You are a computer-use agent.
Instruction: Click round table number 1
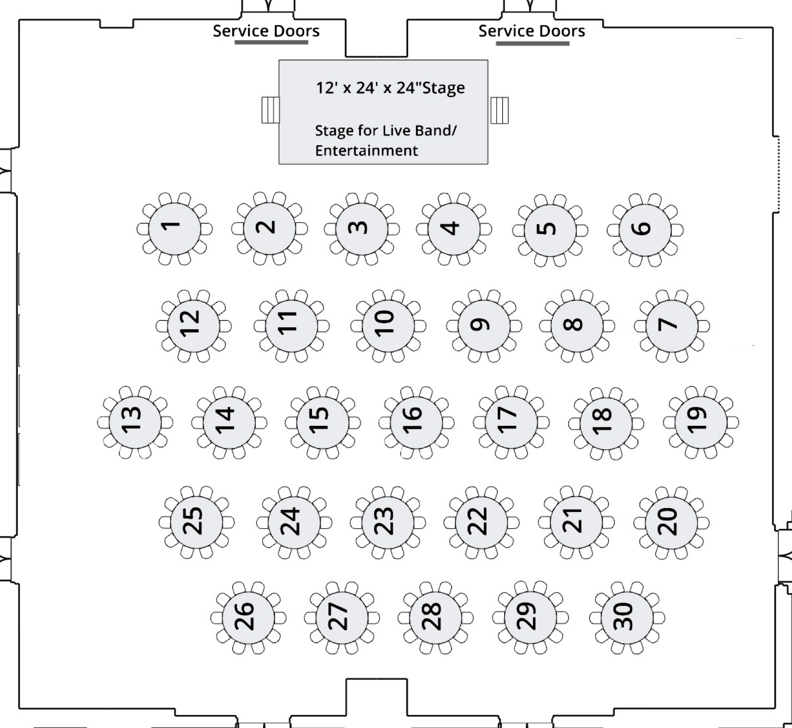174,229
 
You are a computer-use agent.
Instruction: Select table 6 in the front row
645,230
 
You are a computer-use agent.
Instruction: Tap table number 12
194,326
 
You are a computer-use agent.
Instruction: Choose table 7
672,326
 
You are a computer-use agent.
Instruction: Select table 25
196,522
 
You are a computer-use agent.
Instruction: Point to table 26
248,617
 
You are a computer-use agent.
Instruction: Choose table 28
435,617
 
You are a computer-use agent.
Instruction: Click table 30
627,617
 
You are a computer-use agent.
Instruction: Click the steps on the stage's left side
271,110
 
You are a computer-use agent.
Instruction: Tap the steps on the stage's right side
499,110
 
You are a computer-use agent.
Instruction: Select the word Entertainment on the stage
366,151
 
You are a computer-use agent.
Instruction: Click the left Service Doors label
266,31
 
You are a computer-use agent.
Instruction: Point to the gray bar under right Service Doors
532,43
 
